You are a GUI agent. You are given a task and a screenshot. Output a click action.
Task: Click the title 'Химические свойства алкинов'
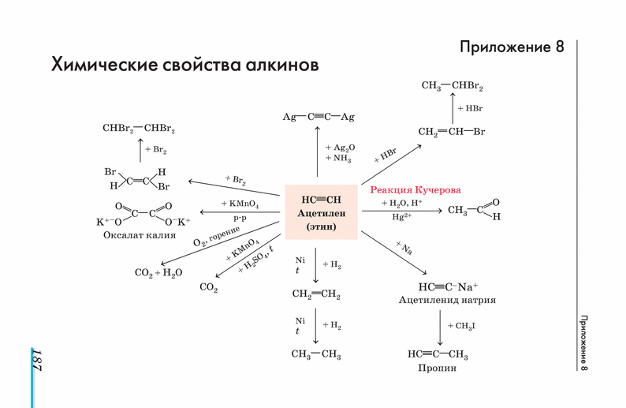coord(185,64)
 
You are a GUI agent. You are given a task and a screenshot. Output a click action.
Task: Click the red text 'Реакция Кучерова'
coord(415,190)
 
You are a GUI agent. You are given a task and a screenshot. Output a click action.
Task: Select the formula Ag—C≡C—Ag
coord(319,117)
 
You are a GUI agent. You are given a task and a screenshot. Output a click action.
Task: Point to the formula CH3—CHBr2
coord(453,86)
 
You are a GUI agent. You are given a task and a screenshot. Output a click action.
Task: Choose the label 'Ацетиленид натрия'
coord(447,301)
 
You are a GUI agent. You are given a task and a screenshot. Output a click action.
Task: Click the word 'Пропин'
coord(438,369)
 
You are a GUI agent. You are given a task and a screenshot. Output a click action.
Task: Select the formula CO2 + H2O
coord(158,273)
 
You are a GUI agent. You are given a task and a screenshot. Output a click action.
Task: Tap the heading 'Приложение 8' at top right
coord(512,47)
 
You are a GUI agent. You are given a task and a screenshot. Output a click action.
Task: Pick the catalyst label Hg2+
coord(402,218)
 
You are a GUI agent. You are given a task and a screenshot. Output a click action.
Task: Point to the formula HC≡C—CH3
coord(438,354)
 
